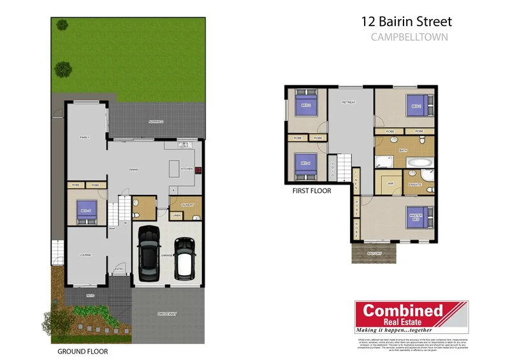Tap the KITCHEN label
point(186,169)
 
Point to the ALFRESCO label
point(156,121)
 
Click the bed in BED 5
point(85,211)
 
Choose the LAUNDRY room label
point(187,205)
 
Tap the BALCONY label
point(375,254)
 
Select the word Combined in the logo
point(402,311)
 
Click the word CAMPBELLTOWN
point(409,37)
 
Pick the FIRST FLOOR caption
point(311,190)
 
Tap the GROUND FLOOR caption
point(82,351)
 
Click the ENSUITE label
point(415,185)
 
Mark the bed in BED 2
point(418,105)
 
